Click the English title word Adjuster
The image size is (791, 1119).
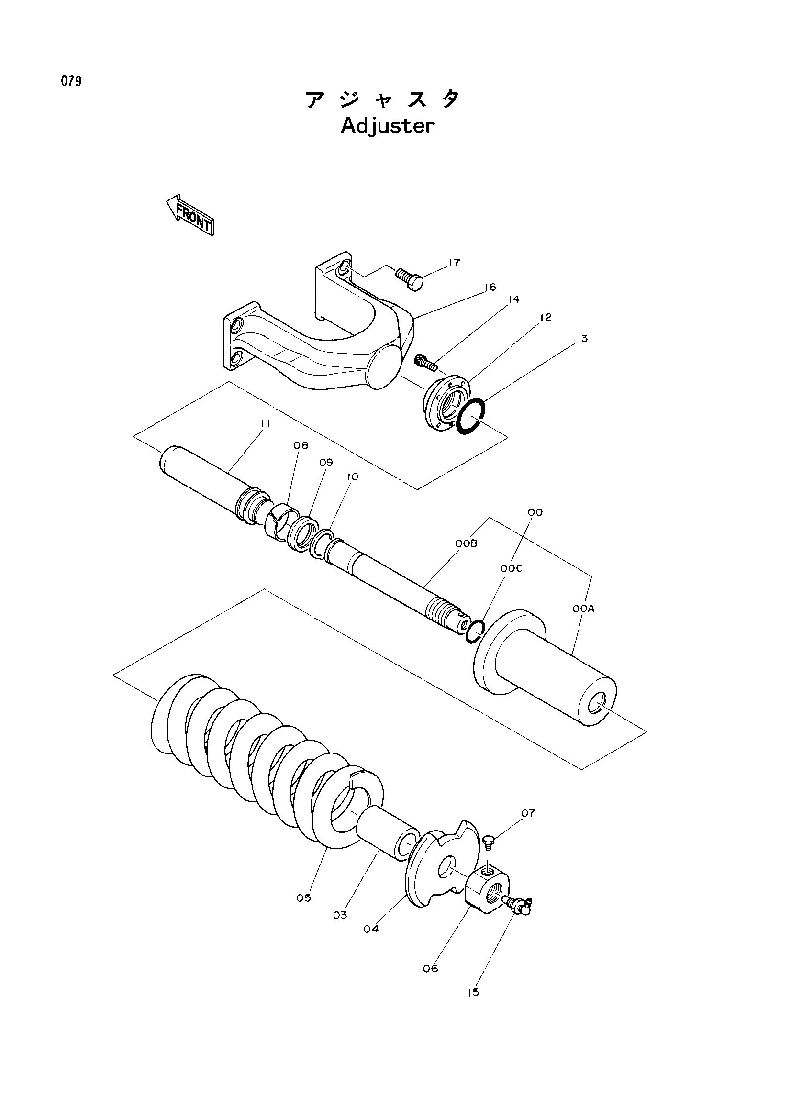[387, 127]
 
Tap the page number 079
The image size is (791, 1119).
[71, 81]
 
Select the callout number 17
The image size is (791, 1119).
[454, 263]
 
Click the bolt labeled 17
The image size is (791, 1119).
[409, 279]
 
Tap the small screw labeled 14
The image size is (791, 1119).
[424, 362]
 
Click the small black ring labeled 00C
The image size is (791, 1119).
[474, 632]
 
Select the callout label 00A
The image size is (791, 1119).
[584, 609]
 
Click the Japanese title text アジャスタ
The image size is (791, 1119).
[383, 100]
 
